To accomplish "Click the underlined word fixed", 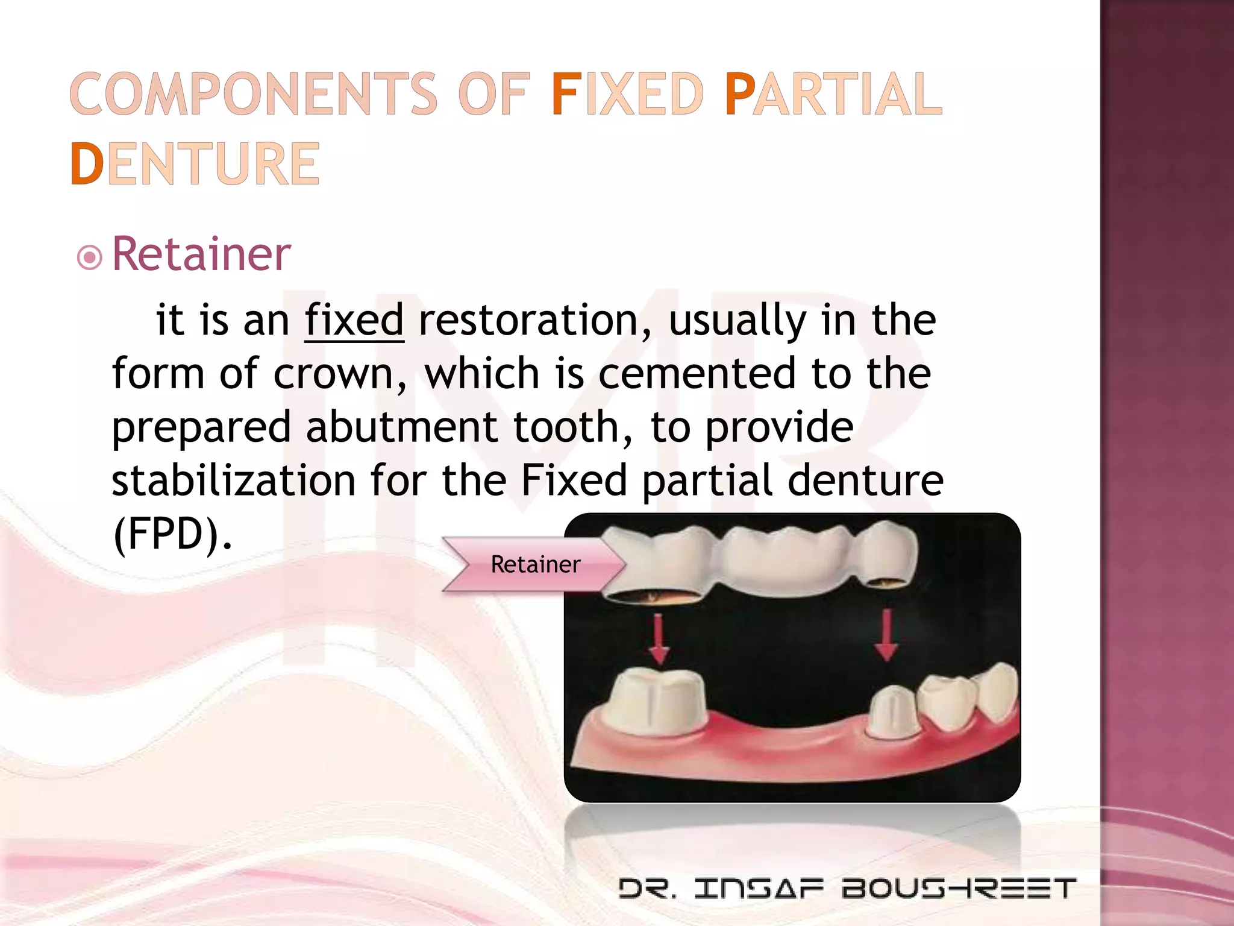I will point(354,320).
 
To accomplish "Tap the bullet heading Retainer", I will point(201,254).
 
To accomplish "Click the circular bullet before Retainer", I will point(90,258).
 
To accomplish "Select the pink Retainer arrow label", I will point(534,564).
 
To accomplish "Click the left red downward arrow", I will point(659,639).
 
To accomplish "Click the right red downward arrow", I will point(886,636).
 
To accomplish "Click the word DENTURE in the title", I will point(195,164).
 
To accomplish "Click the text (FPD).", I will point(172,534).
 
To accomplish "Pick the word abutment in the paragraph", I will point(401,427).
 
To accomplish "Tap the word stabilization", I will point(234,480).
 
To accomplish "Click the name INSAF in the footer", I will point(759,889).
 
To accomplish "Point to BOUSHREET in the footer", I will point(959,889).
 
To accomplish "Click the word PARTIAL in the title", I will point(833,94).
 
